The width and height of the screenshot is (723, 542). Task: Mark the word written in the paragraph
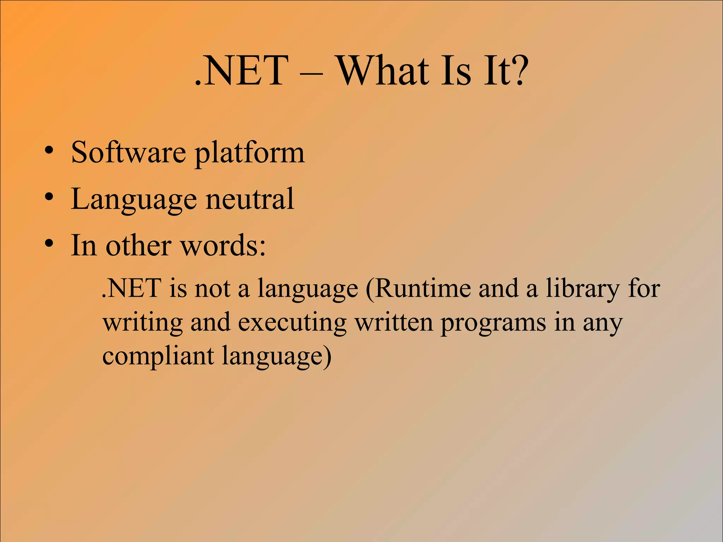(394, 323)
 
